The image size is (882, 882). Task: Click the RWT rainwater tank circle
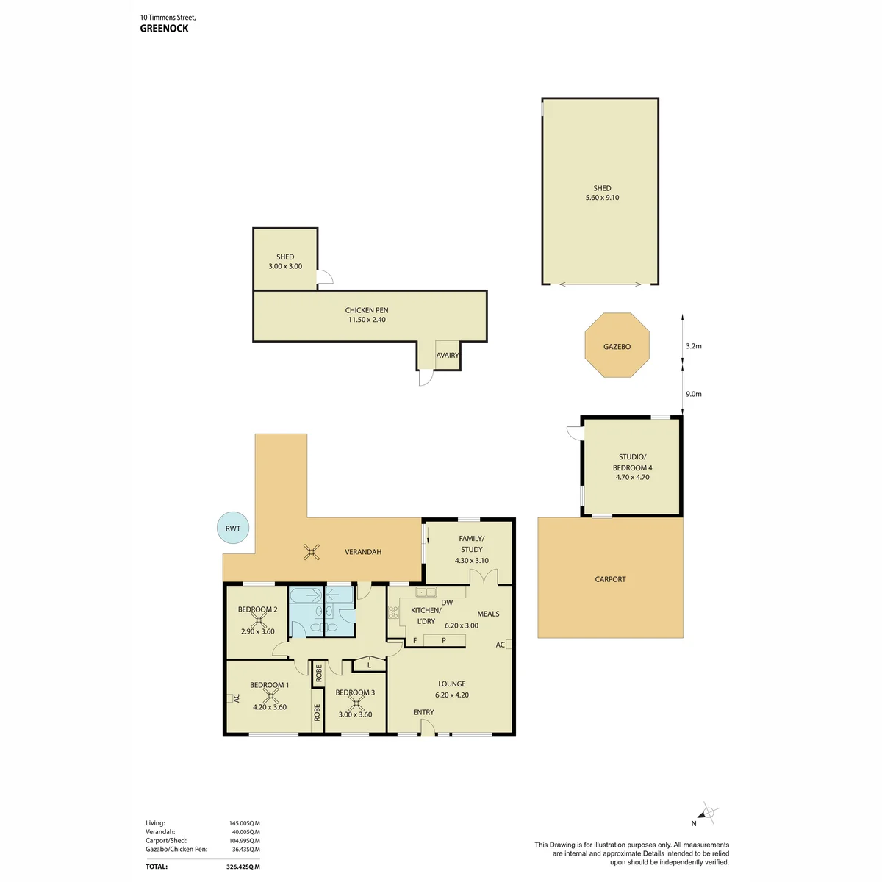click(232, 528)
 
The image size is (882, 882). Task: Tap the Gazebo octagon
click(617, 345)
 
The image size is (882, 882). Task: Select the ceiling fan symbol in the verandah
click(311, 551)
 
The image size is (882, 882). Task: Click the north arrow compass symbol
click(707, 825)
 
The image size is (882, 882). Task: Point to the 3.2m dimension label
click(693, 346)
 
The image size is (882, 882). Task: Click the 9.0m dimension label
click(693, 394)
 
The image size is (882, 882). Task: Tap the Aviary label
click(447, 355)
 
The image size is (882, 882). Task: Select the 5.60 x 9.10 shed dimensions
click(602, 197)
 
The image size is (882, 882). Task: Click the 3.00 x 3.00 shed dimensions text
click(285, 266)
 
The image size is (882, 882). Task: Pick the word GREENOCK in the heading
click(164, 29)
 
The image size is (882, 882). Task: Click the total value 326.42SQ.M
click(243, 867)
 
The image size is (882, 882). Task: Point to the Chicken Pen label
click(367, 310)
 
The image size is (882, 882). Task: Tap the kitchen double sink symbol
click(426, 592)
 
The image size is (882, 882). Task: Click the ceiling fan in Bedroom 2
click(259, 620)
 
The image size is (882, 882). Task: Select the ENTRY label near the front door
click(423, 712)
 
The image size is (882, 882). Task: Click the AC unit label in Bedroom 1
click(236, 698)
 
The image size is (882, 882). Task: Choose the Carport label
click(610, 579)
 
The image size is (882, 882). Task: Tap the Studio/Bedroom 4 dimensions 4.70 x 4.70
click(632, 477)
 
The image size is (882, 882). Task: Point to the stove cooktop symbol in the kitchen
click(393, 612)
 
